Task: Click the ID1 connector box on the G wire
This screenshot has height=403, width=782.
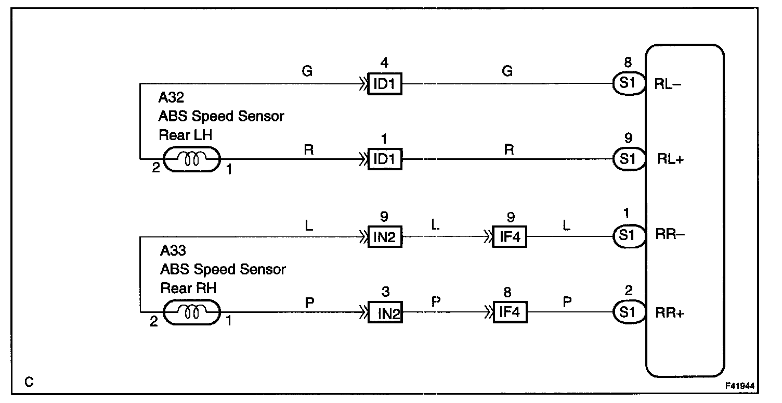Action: pyautogui.click(x=384, y=84)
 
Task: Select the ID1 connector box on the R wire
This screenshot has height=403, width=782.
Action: pyautogui.click(x=384, y=159)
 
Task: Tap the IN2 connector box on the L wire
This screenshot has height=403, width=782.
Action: pyautogui.click(x=384, y=237)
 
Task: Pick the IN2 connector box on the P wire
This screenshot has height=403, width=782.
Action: pyautogui.click(x=385, y=312)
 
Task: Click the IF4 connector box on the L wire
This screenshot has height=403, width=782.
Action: pyautogui.click(x=510, y=237)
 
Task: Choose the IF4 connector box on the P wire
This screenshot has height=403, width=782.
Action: pyautogui.click(x=510, y=312)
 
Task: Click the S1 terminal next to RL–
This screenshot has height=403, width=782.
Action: pyautogui.click(x=628, y=84)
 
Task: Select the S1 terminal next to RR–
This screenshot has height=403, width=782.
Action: pyautogui.click(x=628, y=236)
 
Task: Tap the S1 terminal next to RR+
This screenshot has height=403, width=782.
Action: pyautogui.click(x=628, y=312)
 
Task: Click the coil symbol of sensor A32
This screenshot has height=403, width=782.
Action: pyautogui.click(x=192, y=160)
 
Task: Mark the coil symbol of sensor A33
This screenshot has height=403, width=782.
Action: pyautogui.click(x=192, y=313)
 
